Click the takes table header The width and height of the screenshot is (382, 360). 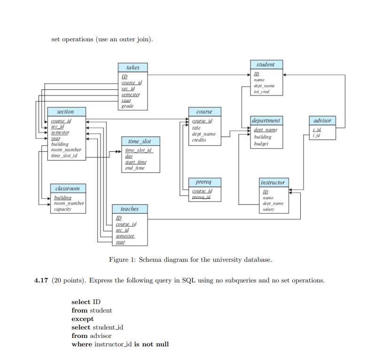(x=133, y=68)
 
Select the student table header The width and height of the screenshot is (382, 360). (x=265, y=64)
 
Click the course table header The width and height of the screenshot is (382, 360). (x=204, y=112)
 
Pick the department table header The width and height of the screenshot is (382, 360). (x=266, y=121)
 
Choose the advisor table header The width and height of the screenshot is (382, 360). (x=322, y=121)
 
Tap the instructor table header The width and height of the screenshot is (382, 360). (x=273, y=182)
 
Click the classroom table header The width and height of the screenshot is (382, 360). (x=67, y=188)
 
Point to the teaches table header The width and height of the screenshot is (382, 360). (x=130, y=209)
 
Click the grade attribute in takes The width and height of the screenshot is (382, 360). (x=127, y=106)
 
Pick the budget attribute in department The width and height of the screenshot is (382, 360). (x=263, y=143)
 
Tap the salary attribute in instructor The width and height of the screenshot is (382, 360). (x=268, y=210)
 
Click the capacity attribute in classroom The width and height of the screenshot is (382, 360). (x=63, y=209)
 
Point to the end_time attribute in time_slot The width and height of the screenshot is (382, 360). (x=135, y=168)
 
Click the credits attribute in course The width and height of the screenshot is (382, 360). (x=199, y=140)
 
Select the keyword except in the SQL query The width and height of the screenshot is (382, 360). (x=83, y=319)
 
